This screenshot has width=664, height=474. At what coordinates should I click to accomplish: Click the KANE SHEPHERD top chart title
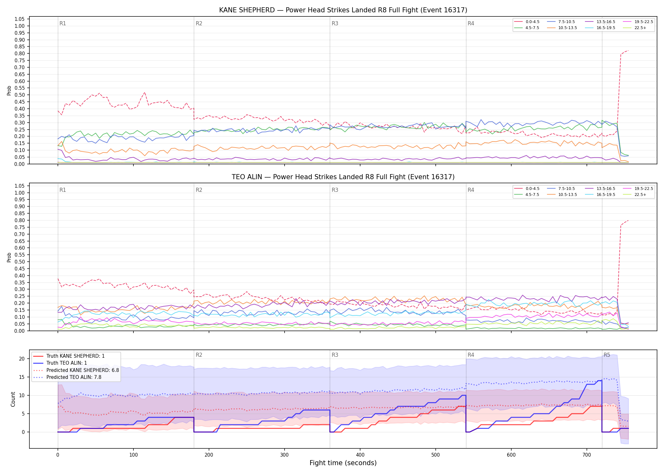[x=343, y=10]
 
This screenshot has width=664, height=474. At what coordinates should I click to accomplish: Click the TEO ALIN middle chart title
[x=343, y=177]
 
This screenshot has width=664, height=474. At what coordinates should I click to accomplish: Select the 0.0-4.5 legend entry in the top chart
[x=527, y=22]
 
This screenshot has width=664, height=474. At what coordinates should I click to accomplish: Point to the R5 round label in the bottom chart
[x=607, y=355]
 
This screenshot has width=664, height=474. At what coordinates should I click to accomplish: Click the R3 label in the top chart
[x=335, y=23]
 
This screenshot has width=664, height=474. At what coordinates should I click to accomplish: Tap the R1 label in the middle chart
[x=63, y=190]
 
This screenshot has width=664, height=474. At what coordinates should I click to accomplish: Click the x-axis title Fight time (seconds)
[x=343, y=463]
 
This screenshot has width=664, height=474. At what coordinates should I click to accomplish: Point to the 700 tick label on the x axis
[x=587, y=455]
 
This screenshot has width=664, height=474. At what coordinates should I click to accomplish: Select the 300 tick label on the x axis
[x=284, y=455]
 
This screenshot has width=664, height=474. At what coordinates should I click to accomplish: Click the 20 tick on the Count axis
[x=22, y=359]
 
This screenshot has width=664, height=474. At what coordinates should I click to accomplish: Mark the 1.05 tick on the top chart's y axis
[x=20, y=19]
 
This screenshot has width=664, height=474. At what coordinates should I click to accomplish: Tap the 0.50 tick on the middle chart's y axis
[x=20, y=262]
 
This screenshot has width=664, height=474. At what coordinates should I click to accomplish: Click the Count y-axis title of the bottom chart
[x=13, y=399]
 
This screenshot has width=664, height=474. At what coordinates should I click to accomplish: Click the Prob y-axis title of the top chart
[x=9, y=91]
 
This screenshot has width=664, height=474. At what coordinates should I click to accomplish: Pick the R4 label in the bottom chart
[x=471, y=355]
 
